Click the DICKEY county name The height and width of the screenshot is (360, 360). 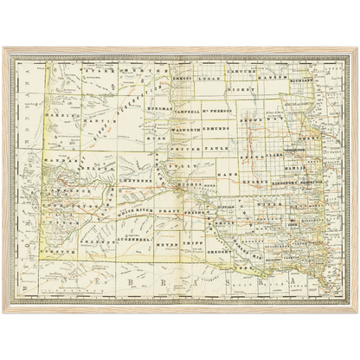pyautogui.click(x=244, y=89)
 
